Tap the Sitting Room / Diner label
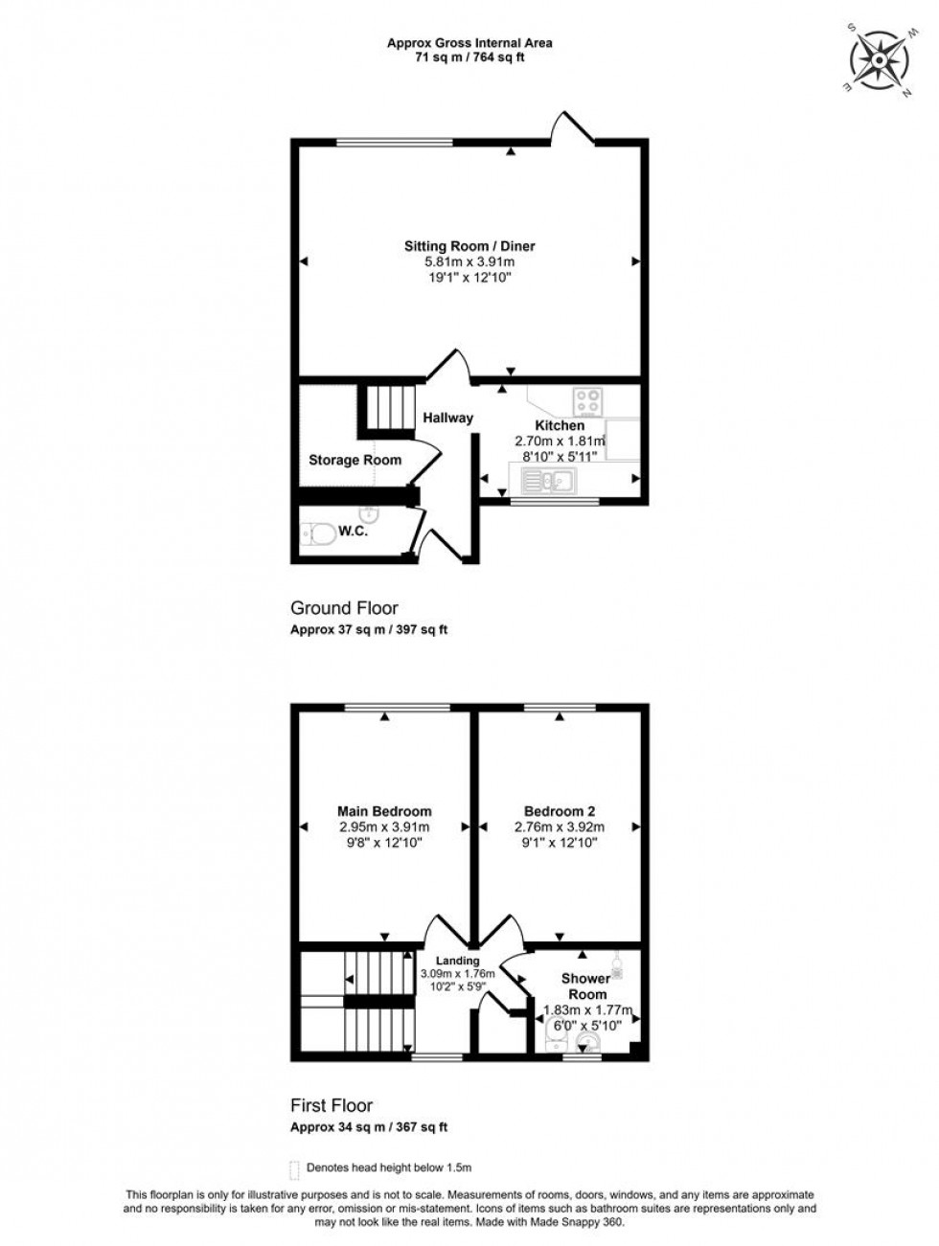pyautogui.click(x=469, y=246)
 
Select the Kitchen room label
pyautogui.click(x=560, y=425)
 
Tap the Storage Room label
pyautogui.click(x=355, y=460)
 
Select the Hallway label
pyautogui.click(x=448, y=418)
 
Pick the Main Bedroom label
pyautogui.click(x=383, y=811)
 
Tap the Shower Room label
pyautogui.click(x=585, y=986)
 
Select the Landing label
pyautogui.click(x=457, y=961)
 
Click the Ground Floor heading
pyautogui.click(x=344, y=608)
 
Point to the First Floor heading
pyautogui.click(x=332, y=1105)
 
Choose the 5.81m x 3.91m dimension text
pyautogui.click(x=469, y=262)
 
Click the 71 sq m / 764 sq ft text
pyautogui.click(x=469, y=57)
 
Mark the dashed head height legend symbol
pyautogui.click(x=294, y=1168)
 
